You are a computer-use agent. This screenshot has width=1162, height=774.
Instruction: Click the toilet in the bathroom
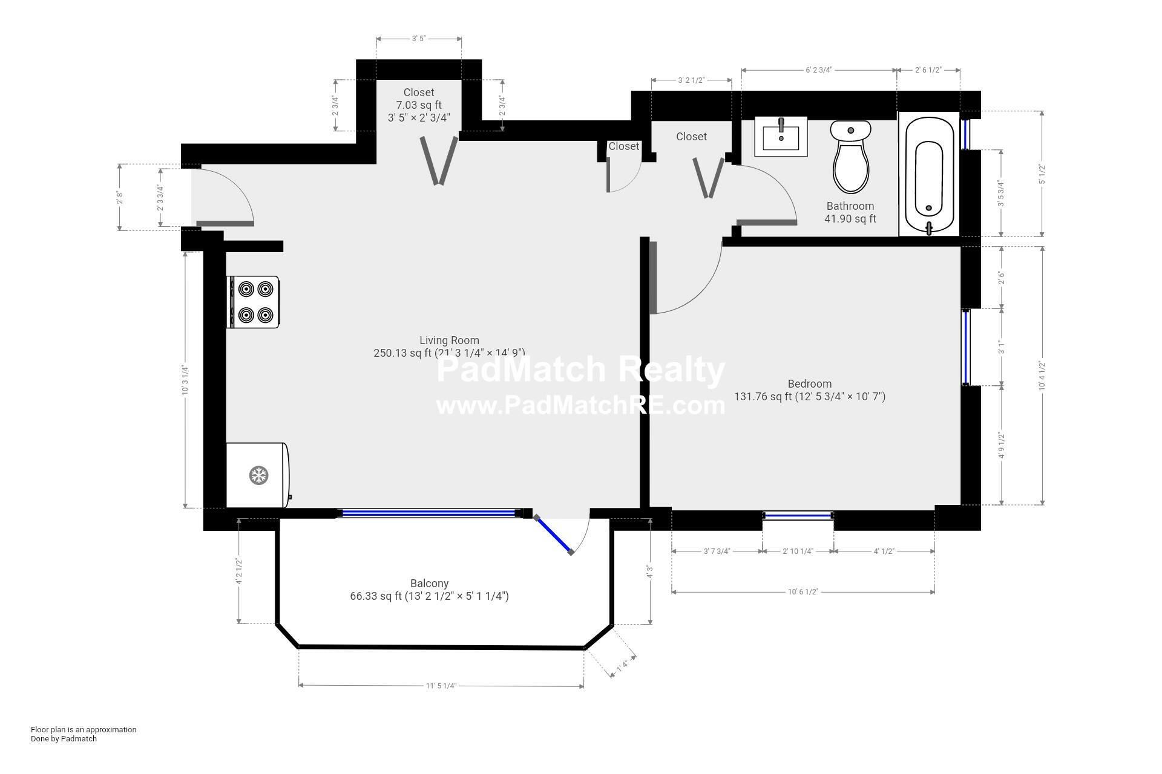tap(850, 157)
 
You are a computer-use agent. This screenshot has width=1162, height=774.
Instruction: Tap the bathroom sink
tap(781, 137)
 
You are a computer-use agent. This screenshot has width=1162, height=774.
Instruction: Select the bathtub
tap(928, 175)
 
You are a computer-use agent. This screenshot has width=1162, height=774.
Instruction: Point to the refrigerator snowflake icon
tap(259, 475)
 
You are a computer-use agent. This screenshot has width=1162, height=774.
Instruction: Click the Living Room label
tap(449, 340)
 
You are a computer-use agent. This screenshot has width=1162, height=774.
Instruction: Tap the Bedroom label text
tap(809, 384)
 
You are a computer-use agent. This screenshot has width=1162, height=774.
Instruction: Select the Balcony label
tap(429, 584)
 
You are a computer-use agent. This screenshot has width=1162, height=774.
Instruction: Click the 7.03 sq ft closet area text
tap(419, 105)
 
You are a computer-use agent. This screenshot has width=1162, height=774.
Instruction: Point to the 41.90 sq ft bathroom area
tap(850, 219)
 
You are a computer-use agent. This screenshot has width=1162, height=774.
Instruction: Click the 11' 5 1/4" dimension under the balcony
tap(441, 686)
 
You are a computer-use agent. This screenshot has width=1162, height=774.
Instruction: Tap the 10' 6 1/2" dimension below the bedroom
tap(803, 592)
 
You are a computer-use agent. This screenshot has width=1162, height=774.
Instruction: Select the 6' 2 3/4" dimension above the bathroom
tap(818, 70)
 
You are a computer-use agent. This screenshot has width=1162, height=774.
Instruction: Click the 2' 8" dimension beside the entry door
tap(120, 197)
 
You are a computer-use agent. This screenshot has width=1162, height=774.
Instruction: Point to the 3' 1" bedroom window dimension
tap(1002, 347)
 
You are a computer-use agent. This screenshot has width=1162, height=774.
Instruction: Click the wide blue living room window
tap(428, 513)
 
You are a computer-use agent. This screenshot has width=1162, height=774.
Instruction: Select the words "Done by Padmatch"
tap(64, 738)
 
